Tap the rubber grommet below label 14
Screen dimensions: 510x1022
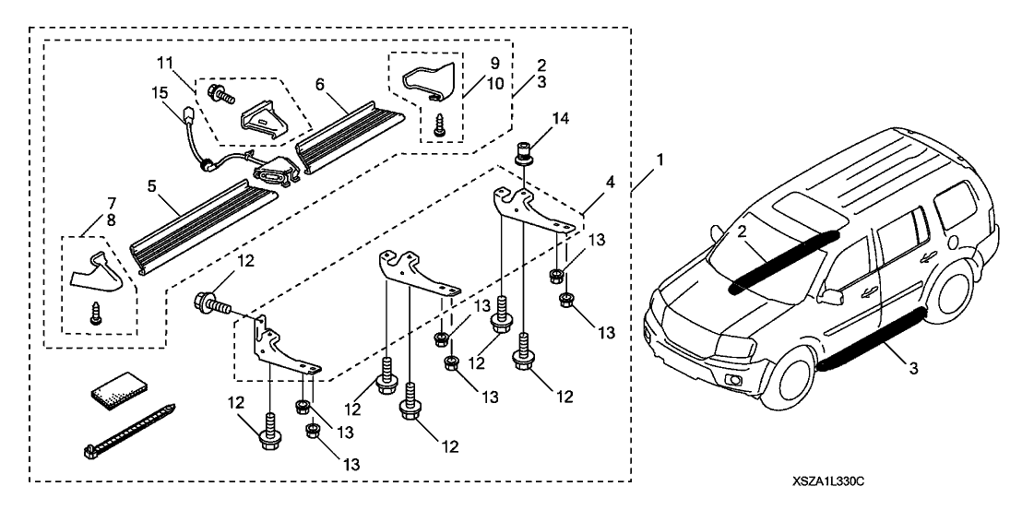(521, 149)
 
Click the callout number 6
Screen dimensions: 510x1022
(320, 83)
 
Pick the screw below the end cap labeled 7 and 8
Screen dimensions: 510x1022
(95, 314)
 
